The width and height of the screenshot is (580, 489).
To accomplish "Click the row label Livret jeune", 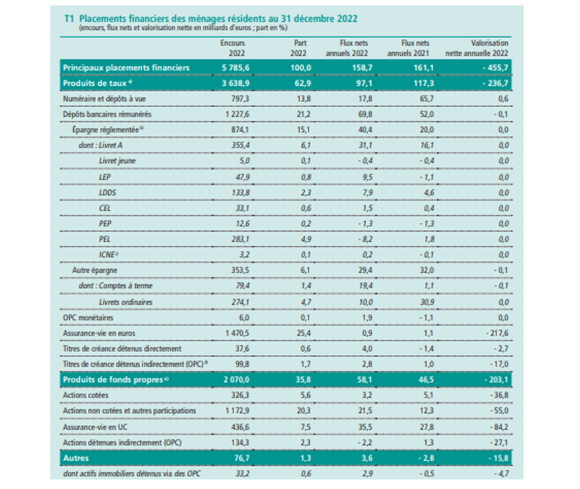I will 116,161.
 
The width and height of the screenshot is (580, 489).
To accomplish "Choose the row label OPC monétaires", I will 89,317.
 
